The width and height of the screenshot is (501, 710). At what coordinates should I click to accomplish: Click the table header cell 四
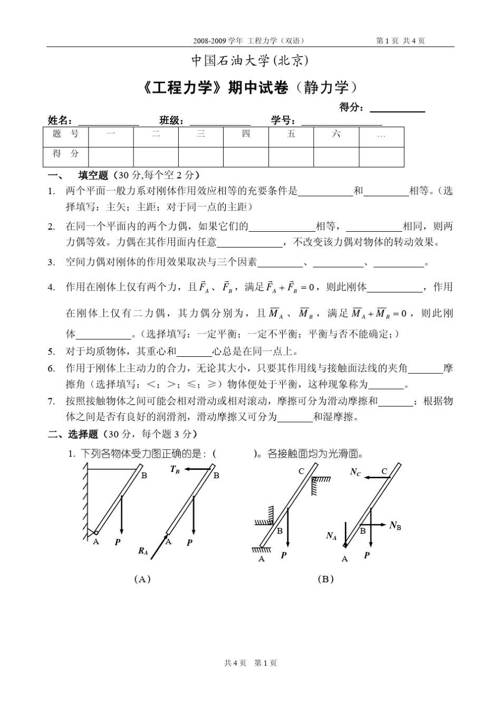point(246,135)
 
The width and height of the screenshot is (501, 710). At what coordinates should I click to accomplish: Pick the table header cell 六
point(336,135)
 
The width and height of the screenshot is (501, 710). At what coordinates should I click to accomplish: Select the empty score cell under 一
point(111,156)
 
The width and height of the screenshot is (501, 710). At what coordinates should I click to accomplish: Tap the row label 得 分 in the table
point(65,154)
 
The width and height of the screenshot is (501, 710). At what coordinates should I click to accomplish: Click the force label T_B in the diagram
point(175,469)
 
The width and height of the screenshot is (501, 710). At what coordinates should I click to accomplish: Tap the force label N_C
point(355,471)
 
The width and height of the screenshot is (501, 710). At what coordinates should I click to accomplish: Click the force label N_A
point(331,536)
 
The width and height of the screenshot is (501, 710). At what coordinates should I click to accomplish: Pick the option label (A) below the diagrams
point(142,579)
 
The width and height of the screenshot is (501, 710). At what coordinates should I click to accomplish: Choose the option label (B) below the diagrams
point(326,579)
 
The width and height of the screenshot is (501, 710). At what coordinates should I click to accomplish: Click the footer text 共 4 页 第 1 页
point(250,662)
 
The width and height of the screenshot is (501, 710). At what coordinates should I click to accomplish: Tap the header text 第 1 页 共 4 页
point(401,41)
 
